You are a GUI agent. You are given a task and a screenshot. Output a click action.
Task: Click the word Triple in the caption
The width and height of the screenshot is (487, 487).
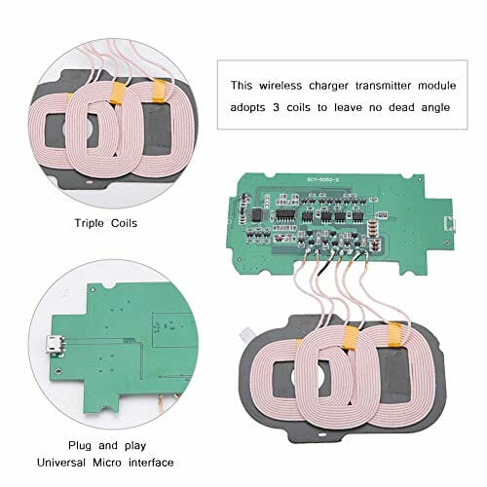click(89, 223)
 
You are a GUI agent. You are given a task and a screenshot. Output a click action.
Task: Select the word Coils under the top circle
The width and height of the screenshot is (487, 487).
click(124, 223)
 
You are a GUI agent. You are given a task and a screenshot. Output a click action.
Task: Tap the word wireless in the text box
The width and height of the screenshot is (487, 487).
click(281, 86)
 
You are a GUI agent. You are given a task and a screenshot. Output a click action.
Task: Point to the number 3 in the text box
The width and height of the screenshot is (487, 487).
click(276, 107)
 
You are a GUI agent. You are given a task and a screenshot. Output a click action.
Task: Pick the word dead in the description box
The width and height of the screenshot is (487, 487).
click(401, 107)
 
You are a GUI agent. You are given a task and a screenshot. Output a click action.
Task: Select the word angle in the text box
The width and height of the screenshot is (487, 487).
click(436, 108)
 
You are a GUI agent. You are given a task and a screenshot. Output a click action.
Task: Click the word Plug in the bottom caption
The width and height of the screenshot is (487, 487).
click(80, 446)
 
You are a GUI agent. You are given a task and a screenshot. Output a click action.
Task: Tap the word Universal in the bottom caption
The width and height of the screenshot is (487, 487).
click(61, 463)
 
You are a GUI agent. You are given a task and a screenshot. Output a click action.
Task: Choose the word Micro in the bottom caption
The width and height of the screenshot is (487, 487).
click(107, 463)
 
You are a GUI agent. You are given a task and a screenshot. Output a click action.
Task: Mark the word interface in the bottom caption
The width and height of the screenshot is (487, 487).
click(151, 463)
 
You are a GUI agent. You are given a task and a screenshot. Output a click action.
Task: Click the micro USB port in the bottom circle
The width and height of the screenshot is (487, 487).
click(53, 345)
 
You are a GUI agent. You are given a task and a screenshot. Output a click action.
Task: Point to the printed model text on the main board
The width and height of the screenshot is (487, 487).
click(322, 179)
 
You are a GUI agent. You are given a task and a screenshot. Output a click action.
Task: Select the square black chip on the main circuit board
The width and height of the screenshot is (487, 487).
click(257, 214)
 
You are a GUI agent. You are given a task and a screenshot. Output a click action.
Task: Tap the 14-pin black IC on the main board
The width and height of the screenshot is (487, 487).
click(285, 214)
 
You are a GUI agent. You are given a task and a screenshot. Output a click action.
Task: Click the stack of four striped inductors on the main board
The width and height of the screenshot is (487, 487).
click(373, 227)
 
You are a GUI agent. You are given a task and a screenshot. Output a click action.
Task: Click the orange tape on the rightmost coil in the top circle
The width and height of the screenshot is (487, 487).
click(160, 91)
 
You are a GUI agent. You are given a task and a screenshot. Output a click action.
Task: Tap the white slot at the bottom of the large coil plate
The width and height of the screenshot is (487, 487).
click(321, 435)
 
